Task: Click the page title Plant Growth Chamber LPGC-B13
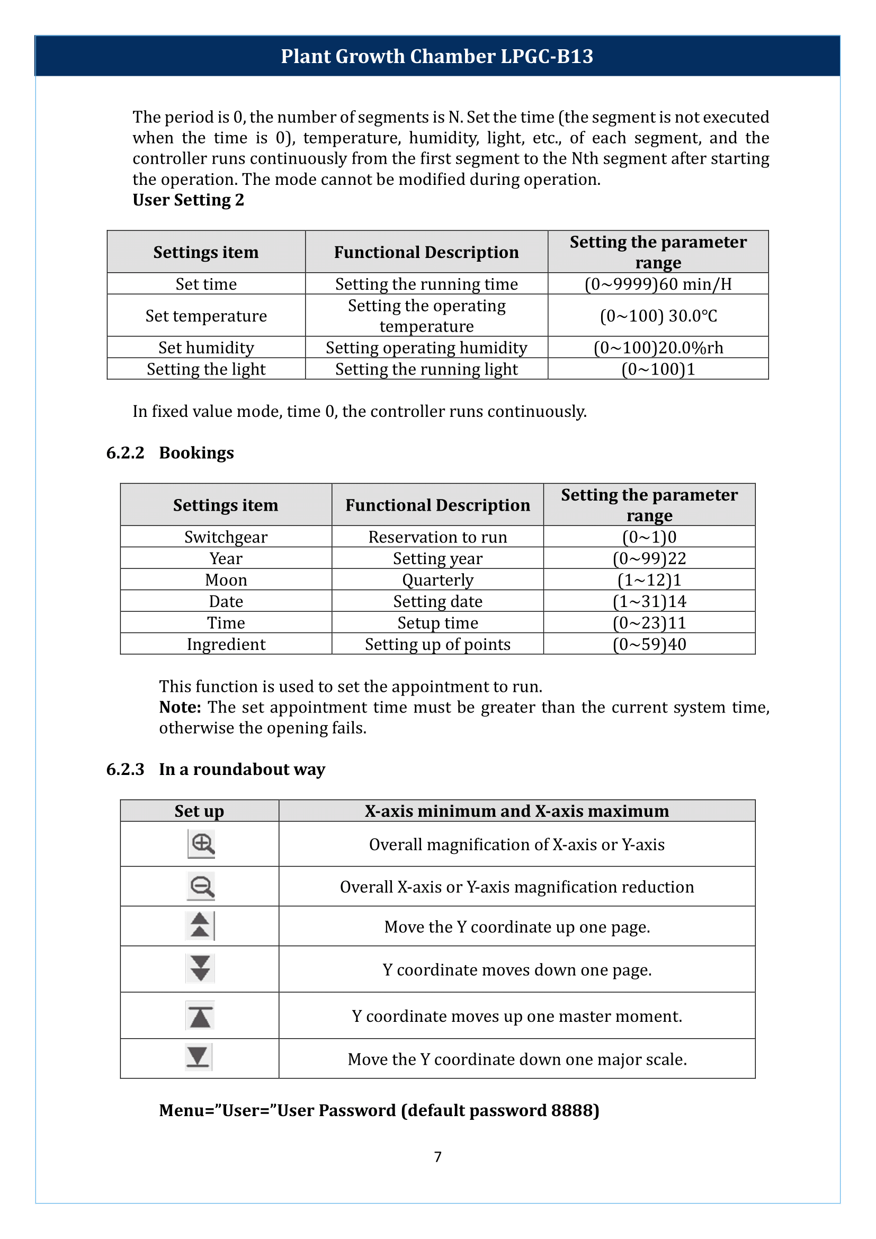437,56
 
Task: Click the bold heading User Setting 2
188,200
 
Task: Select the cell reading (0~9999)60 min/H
658,284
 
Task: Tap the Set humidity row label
206,347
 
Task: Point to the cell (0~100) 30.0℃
658,316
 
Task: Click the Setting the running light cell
426,369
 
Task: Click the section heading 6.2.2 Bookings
170,453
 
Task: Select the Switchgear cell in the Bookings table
226,537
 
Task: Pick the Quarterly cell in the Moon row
437,580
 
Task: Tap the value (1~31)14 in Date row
649,601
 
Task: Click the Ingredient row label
226,644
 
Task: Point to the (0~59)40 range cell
649,644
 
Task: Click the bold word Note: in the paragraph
180,708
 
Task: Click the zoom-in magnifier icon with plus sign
202,844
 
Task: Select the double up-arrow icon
200,926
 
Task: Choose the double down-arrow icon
200,969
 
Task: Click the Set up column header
199,811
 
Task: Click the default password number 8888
572,1111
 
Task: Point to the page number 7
437,1157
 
